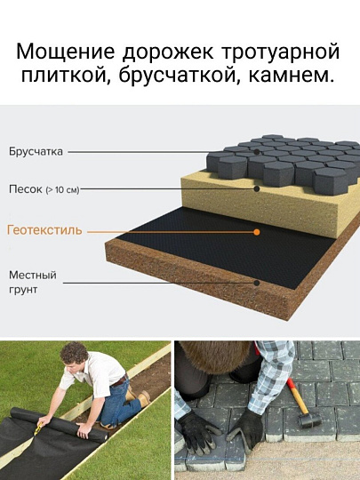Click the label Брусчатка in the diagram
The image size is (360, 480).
36,152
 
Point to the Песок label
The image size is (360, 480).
26,189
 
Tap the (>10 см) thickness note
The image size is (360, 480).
62,190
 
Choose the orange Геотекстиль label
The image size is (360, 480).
44,230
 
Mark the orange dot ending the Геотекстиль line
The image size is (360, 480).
257,231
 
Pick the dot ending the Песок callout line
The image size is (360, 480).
257,188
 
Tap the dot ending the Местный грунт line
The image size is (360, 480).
257,282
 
